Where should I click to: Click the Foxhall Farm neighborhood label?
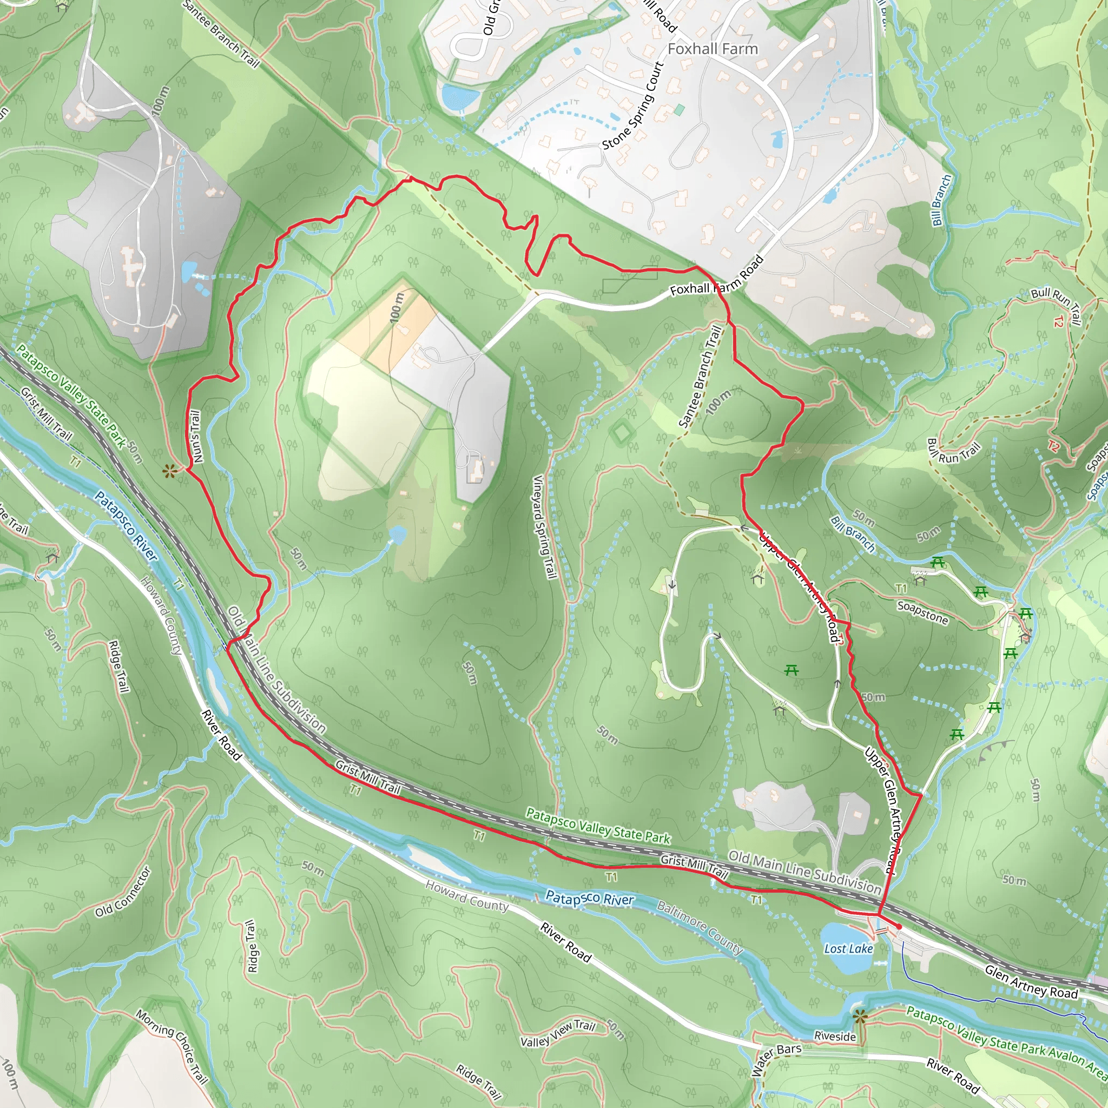tap(713, 49)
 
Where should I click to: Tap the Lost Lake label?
tap(848, 948)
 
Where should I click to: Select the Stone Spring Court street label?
tap(633, 106)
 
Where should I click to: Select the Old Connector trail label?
tap(123, 892)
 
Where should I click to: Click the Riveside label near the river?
tap(835, 1036)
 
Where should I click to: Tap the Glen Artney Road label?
tap(1031, 982)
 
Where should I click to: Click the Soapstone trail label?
tap(923, 612)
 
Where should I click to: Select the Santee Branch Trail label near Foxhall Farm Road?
tap(700, 377)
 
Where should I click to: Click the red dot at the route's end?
tap(899, 927)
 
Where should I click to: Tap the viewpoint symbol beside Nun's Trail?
tap(168, 471)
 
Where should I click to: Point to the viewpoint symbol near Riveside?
tap(859, 1017)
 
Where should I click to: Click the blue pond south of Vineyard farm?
tap(398, 535)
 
